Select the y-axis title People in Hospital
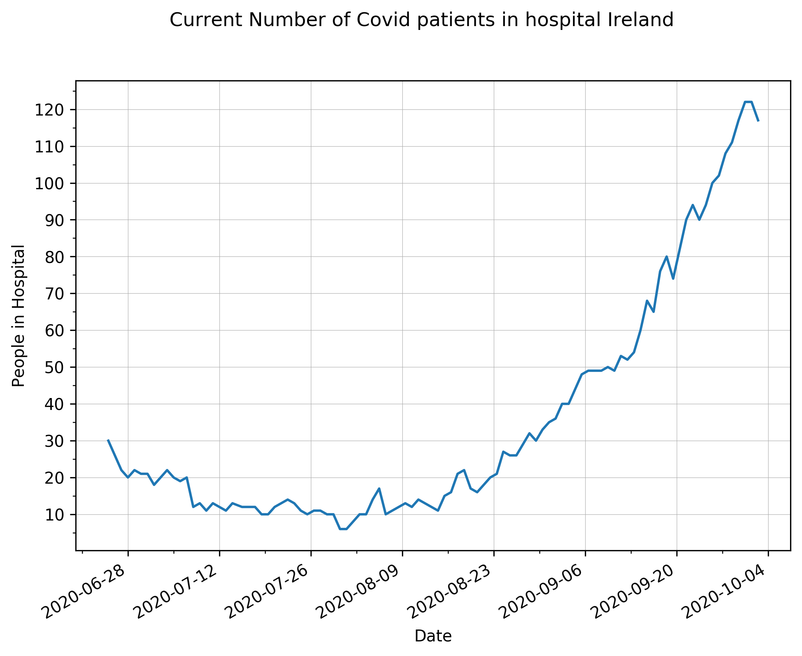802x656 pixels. pyautogui.click(x=18, y=316)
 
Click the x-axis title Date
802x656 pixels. pyautogui.click(x=433, y=636)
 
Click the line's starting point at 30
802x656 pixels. pyautogui.click(x=108, y=440)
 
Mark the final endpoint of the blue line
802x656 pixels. pyautogui.click(x=758, y=121)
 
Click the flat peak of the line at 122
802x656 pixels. pyautogui.click(x=748, y=102)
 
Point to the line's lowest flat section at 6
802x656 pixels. pyautogui.click(x=343, y=529)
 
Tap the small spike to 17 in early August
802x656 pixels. pyautogui.click(x=379, y=489)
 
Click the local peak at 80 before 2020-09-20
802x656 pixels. pyautogui.click(x=667, y=256)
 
